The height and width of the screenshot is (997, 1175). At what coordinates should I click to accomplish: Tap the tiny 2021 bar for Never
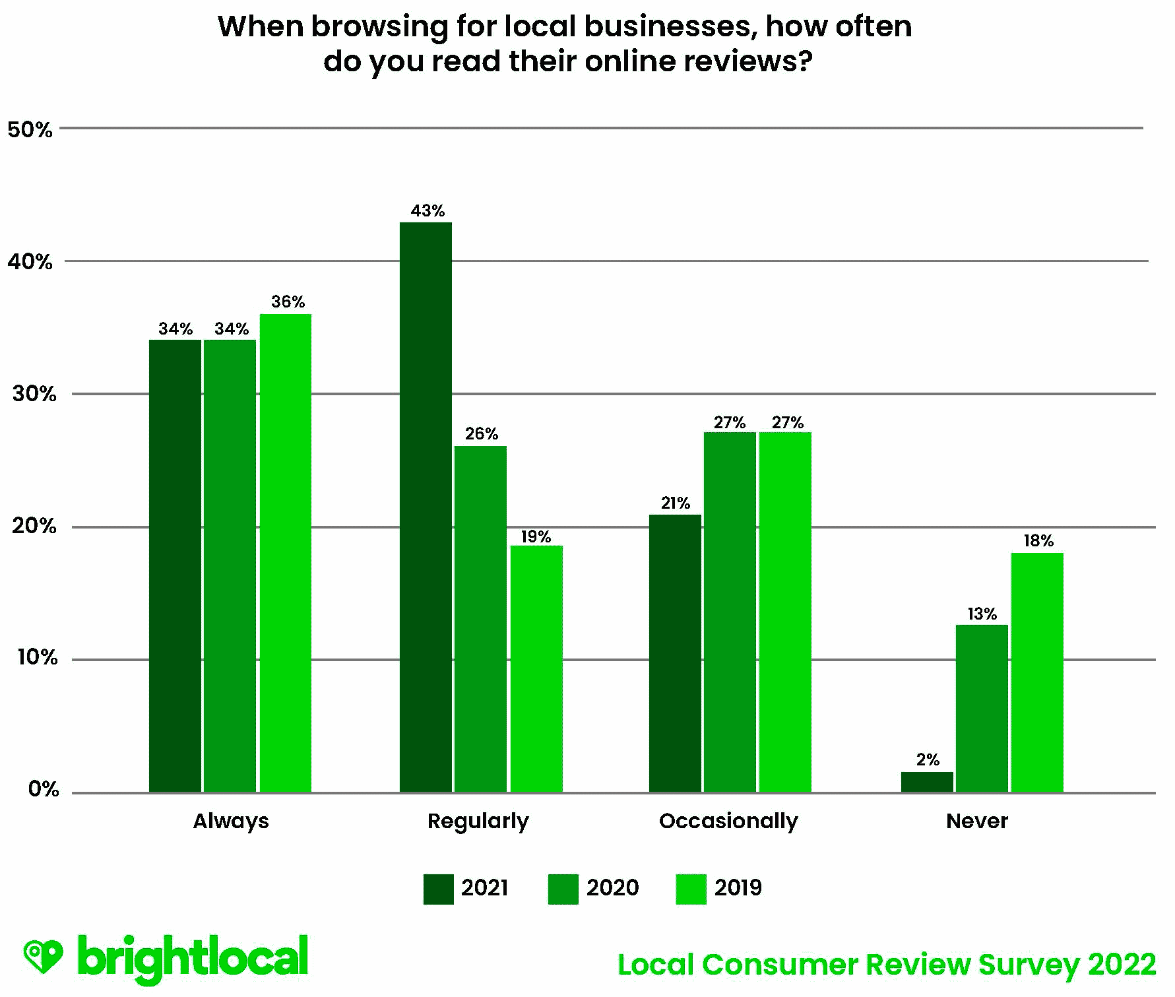click(927, 782)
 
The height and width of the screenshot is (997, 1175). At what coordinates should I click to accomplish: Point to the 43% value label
click(428, 211)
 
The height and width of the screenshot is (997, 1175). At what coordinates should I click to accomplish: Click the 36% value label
click(288, 302)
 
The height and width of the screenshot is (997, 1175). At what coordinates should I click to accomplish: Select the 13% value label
click(982, 614)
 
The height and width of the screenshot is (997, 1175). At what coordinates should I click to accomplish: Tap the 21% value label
click(675, 503)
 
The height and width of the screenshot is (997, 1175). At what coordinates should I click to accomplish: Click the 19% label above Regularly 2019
click(536, 537)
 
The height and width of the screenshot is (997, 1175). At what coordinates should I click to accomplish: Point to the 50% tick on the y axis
click(30, 129)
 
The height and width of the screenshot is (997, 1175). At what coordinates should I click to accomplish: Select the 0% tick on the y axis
click(44, 789)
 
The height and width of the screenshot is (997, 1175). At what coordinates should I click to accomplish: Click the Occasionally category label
click(728, 821)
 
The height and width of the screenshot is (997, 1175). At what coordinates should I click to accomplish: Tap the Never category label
click(976, 821)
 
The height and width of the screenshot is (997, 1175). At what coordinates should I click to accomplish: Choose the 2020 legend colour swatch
click(563, 888)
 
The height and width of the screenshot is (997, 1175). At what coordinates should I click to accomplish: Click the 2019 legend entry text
click(738, 887)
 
